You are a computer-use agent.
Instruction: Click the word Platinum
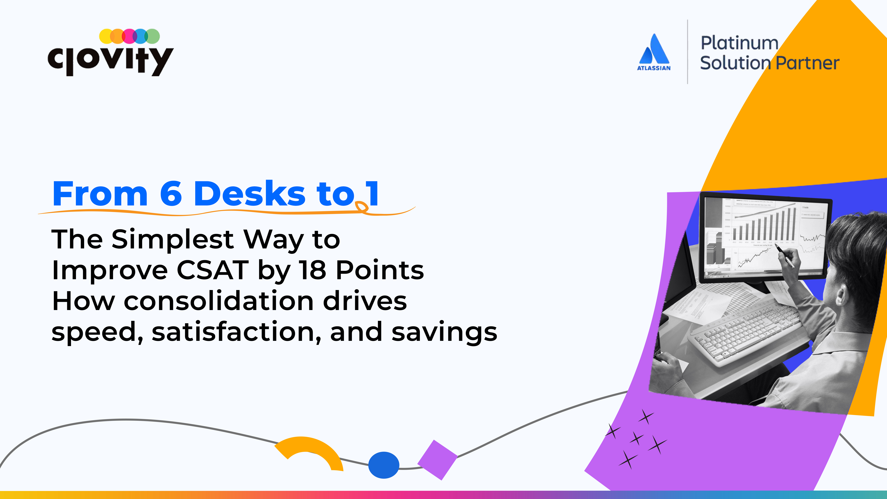(739, 43)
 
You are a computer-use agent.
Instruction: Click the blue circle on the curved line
(384, 465)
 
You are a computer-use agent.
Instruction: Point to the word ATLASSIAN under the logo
(654, 68)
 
